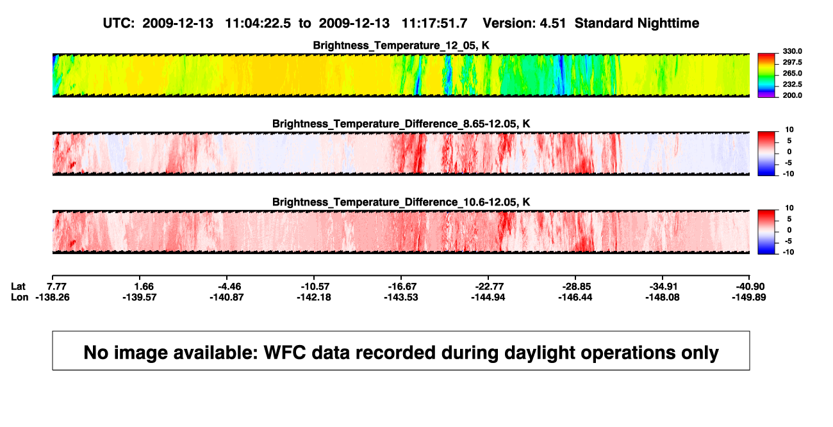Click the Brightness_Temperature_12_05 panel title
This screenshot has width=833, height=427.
pos(401,45)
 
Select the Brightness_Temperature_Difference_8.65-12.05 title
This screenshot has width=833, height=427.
pos(401,124)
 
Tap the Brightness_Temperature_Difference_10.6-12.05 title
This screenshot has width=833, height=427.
pos(401,202)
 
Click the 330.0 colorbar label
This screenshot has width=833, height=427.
pos(792,51)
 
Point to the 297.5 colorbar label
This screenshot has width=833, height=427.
pos(792,62)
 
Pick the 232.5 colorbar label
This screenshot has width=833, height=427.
pos(792,85)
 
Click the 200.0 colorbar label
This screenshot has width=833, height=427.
pos(792,95)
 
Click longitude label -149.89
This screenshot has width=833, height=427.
pos(749,297)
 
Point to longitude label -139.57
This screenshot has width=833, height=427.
pos(140,297)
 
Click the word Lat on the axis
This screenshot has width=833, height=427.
pos(18,287)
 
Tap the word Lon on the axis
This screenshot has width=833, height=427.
pos(19,297)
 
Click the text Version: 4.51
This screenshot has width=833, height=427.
pos(524,23)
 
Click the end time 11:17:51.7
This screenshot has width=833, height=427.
pos(434,23)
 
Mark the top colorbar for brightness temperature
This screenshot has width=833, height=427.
pos(766,76)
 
